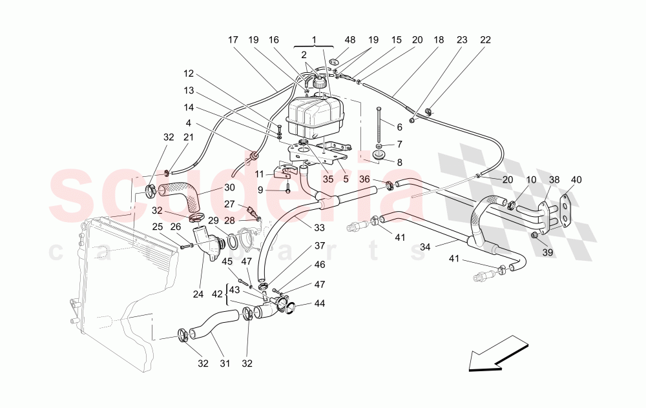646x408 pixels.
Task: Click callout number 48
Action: (349, 39)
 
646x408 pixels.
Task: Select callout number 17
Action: (233, 39)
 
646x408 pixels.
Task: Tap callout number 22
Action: (485, 39)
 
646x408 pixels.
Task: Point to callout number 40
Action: (576, 179)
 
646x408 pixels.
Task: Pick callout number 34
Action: (424, 246)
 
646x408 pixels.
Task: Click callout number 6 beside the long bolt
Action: (400, 128)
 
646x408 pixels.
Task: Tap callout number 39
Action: (547, 252)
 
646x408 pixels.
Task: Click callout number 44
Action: (320, 303)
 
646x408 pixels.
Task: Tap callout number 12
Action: (188, 73)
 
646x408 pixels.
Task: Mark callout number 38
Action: (554, 179)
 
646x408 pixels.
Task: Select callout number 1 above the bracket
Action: (315, 39)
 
